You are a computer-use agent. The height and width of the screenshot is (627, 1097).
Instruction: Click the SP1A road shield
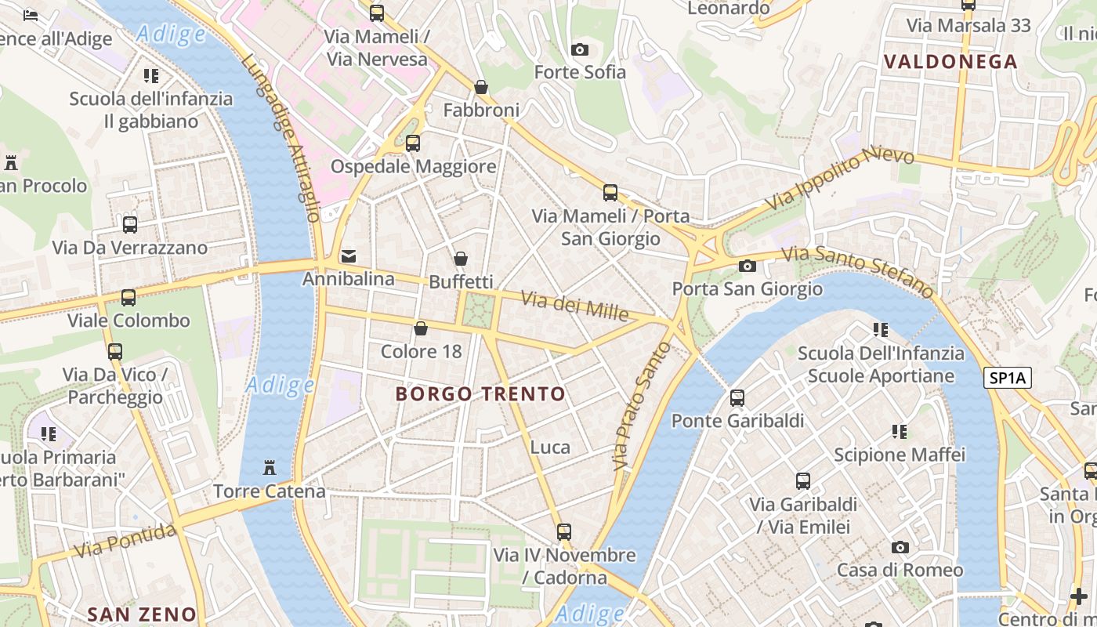tap(1007, 379)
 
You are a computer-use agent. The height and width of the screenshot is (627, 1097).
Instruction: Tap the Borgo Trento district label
tap(480, 393)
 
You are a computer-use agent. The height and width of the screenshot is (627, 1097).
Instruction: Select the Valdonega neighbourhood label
tap(950, 61)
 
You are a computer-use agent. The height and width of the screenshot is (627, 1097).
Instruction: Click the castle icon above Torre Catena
tap(270, 468)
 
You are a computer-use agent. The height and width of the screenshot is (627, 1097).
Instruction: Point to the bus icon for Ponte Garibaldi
tap(737, 397)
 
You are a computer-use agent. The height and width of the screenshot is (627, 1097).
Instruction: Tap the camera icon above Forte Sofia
tap(580, 49)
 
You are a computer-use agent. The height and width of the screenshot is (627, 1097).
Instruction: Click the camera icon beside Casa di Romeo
tap(900, 547)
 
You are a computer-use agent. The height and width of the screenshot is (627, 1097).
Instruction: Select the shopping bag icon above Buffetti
tap(461, 258)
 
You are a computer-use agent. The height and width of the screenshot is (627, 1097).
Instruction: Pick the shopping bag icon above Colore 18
tap(421, 328)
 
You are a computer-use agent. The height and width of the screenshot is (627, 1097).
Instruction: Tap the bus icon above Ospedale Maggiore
tap(413, 143)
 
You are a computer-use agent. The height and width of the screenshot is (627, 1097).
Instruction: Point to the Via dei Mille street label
tap(575, 306)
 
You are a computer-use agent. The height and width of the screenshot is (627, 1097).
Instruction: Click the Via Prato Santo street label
tap(642, 406)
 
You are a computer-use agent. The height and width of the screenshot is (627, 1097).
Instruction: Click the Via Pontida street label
tap(125, 542)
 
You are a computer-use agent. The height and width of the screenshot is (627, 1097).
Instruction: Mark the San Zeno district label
tap(142, 614)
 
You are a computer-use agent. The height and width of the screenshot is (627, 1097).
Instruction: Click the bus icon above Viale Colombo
tap(129, 298)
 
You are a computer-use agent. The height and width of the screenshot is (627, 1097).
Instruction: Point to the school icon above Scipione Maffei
tap(900, 431)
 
